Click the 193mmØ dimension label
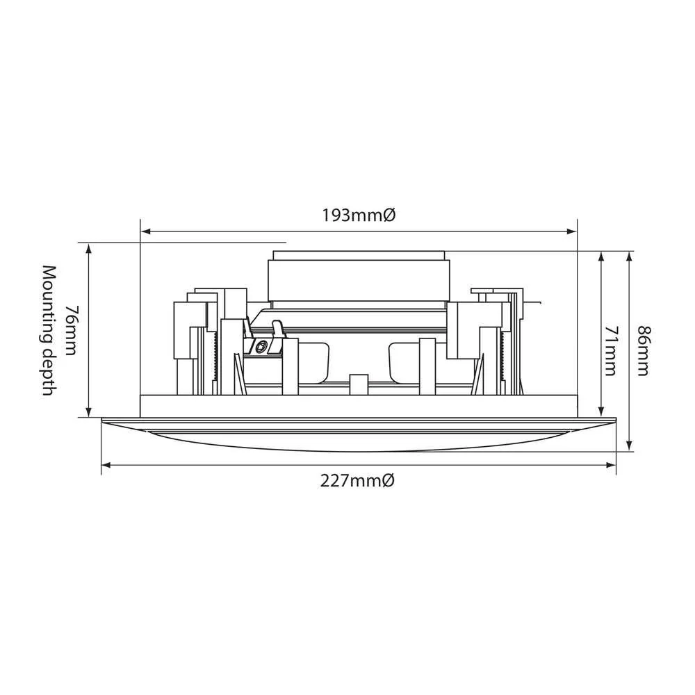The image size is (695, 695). pos(359,215)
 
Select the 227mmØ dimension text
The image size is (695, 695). pos(359,480)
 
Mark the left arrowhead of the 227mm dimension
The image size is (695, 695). pos(106,464)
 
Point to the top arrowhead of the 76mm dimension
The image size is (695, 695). pos(89,247)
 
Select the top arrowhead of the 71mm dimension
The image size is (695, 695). pos(600,256)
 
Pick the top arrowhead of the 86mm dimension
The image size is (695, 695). pos(629,256)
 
